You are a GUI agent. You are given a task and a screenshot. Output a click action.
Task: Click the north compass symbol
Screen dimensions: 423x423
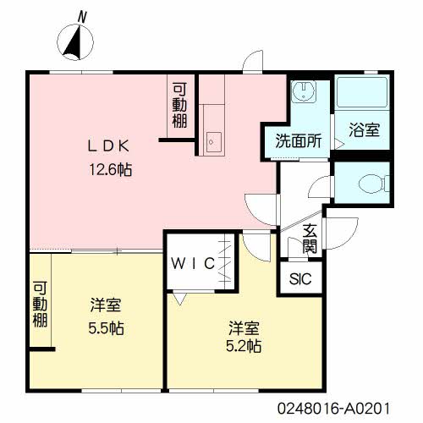[75, 42]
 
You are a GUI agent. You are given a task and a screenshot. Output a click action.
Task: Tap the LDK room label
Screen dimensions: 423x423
[109, 146]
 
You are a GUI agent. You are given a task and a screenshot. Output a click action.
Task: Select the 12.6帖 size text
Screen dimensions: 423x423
[110, 170]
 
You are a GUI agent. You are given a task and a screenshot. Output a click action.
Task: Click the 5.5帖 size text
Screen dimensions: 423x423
[106, 328]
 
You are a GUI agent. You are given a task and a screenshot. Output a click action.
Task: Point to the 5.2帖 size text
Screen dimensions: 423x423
[244, 346]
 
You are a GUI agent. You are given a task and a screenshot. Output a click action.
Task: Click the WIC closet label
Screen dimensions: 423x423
[193, 263]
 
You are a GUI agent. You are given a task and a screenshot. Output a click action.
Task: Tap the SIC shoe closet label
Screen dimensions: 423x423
[300, 279]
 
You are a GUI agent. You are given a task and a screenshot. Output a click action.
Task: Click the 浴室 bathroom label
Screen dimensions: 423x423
[364, 130]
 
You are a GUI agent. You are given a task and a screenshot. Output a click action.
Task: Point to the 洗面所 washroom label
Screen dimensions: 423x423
[299, 140]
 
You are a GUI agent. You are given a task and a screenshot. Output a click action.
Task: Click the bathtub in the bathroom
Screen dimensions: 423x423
[362, 92]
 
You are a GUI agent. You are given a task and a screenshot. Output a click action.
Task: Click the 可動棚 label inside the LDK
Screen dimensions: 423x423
[179, 105]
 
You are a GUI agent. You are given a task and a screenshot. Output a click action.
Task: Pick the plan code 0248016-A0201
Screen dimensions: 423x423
[333, 409]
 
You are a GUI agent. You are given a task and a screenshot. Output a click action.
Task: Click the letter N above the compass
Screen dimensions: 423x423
[82, 17]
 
